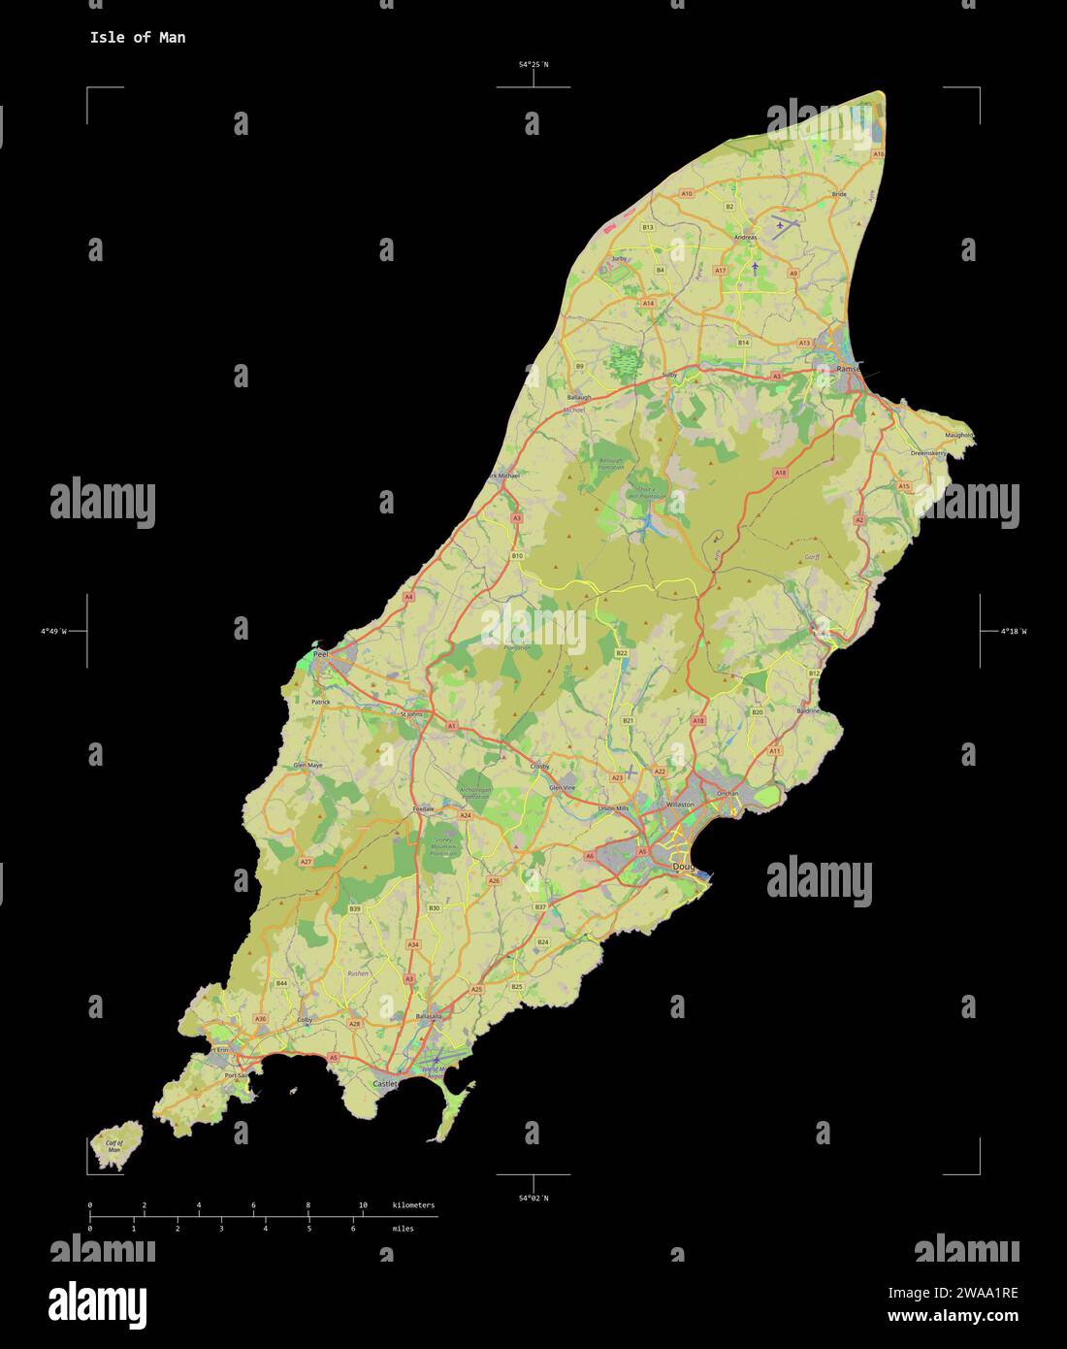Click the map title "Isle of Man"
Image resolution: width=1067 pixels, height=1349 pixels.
[137, 38]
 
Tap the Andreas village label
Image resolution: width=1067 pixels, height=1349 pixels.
[745, 237]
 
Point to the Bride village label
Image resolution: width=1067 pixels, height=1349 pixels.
[840, 194]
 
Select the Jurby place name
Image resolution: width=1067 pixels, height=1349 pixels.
[620, 259]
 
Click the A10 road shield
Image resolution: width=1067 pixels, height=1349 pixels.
[687, 194]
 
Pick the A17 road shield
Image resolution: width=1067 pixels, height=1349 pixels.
[720, 270]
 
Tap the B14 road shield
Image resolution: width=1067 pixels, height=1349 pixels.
[743, 343]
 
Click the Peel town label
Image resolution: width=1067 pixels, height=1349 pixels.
[321, 655]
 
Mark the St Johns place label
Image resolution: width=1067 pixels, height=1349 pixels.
[412, 714]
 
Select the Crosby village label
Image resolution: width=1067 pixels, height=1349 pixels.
[539, 767]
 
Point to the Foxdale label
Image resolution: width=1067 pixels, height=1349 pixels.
[423, 808]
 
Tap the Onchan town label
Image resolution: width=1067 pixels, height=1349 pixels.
[727, 794]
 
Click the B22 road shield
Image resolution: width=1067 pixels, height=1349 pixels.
[622, 654]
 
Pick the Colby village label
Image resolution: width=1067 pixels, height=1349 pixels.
[305, 1020]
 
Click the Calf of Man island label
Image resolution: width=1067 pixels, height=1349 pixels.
[113, 1145]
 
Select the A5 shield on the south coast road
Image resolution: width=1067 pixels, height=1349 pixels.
[334, 1057]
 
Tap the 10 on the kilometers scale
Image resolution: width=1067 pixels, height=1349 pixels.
[363, 1205]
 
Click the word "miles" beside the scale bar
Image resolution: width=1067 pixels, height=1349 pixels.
[403, 1229]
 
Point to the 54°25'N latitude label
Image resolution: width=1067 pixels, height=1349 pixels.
[533, 65]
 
